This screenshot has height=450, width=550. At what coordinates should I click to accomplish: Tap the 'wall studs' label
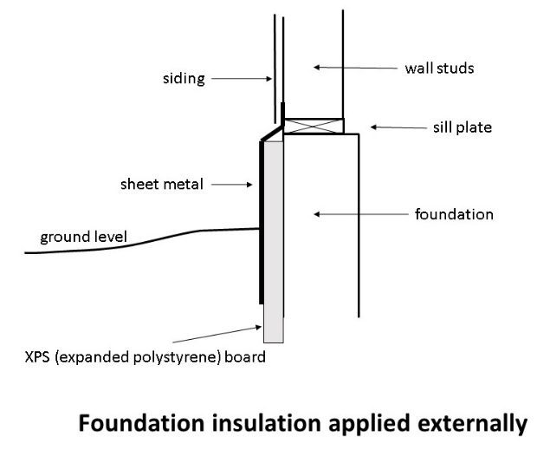click(439, 68)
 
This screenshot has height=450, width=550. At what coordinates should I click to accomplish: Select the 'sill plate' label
click(463, 127)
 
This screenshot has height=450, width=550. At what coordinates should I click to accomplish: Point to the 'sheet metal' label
click(163, 184)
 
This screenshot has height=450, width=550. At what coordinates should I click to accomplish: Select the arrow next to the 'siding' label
click(240, 79)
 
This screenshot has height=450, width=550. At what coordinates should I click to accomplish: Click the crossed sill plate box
click(314, 127)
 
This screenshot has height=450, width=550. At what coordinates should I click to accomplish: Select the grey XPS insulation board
click(274, 260)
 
